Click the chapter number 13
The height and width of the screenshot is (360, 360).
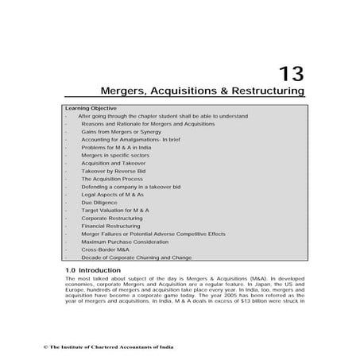pos(290,74)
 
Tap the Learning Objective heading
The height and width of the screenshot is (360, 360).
pos(90,108)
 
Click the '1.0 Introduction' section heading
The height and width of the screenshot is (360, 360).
pos(93,271)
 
